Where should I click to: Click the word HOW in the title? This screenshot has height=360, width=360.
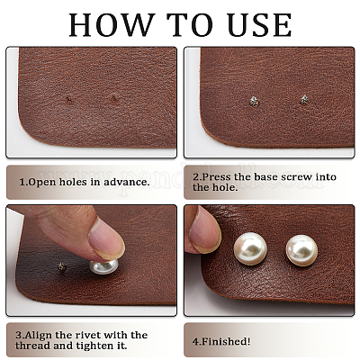(111, 25)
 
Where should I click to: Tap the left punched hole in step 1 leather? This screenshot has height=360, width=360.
(69, 100)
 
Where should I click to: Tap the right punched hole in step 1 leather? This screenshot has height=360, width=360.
(114, 98)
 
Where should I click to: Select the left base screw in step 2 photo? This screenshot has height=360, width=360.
(255, 102)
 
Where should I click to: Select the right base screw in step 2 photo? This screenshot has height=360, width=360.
(304, 100)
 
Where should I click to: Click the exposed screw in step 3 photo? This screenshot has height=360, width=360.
(62, 266)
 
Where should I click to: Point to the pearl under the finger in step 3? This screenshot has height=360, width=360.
(103, 266)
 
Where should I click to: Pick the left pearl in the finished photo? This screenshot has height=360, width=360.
(250, 249)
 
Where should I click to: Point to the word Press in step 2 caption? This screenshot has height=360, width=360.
(217, 176)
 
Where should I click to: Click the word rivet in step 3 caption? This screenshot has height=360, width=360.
(88, 335)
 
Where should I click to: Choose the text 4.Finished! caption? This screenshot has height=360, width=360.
(221, 341)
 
